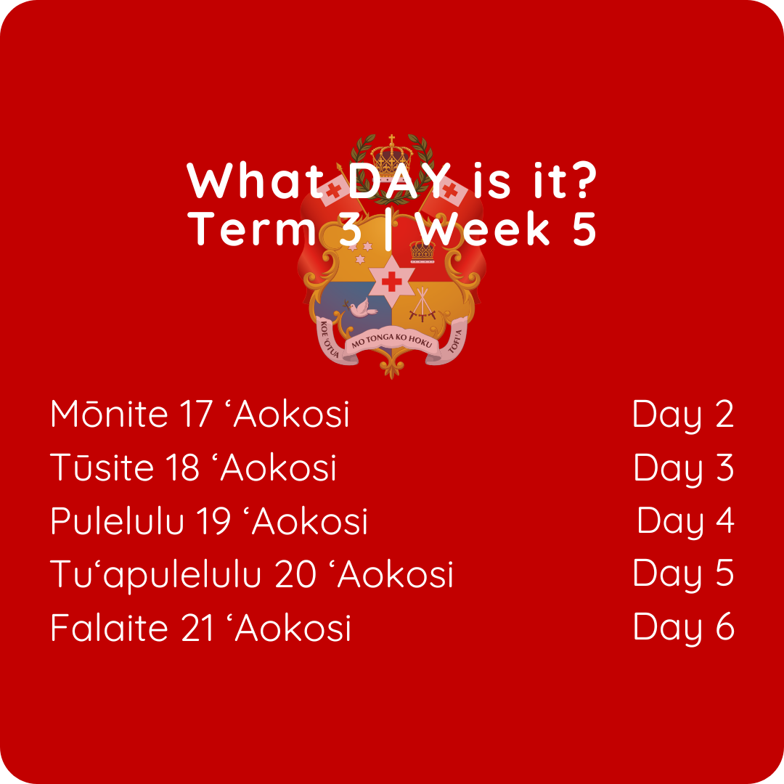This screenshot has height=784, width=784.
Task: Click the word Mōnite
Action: click(109, 414)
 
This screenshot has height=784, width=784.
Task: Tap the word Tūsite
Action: click(102, 467)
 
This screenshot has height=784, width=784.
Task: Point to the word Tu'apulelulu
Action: click(155, 575)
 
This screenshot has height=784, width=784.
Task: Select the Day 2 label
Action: click(683, 415)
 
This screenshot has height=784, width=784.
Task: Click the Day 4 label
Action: click(686, 522)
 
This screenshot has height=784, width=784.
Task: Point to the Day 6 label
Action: click(684, 629)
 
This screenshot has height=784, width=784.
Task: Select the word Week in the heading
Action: click(483, 229)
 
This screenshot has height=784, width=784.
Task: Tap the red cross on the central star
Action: click(391, 282)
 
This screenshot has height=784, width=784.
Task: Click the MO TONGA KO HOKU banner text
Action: click(391, 340)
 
